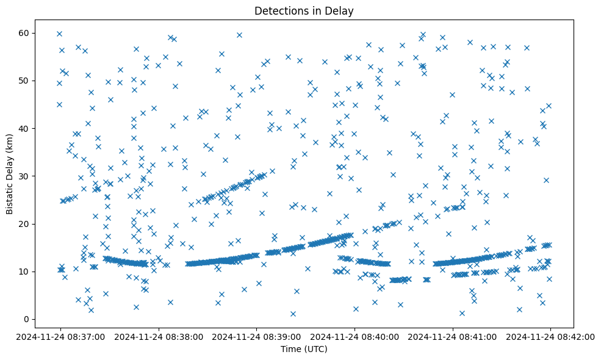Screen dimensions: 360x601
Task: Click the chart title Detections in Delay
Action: click(x=304, y=10)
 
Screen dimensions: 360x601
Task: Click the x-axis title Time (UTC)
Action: click(x=304, y=349)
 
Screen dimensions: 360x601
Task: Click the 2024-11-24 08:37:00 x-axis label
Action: click(x=60, y=336)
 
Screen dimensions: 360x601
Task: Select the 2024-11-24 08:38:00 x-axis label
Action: click(x=158, y=336)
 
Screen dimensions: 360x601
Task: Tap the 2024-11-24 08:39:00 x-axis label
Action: click(x=256, y=336)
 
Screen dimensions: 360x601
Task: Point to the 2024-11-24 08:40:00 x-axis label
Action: click(x=354, y=336)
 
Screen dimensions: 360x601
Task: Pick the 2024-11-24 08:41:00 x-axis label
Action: click(x=453, y=336)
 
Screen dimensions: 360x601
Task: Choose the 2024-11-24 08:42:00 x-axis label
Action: click(x=551, y=336)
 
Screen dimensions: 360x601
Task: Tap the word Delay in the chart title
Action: click(x=341, y=10)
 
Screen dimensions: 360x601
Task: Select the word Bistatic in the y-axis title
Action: click(x=10, y=195)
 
